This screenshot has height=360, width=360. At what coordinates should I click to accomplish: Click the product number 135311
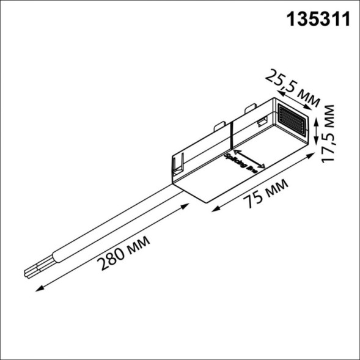tap(318, 20)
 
